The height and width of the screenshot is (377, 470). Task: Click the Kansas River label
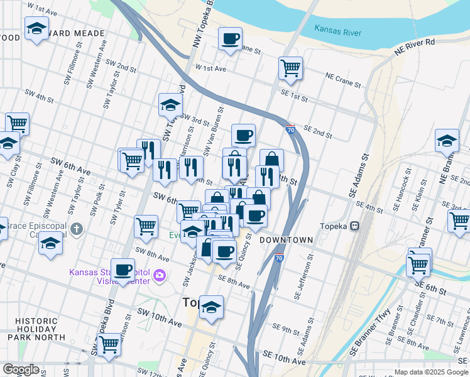340,29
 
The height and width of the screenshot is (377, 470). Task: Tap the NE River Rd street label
415,50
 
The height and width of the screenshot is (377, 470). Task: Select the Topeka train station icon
355,226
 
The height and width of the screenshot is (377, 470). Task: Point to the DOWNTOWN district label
286,241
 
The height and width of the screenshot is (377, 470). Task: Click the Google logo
20,369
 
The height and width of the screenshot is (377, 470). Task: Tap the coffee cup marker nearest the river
230,39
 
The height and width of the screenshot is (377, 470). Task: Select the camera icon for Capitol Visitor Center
160,275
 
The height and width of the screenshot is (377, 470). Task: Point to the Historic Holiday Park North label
37,329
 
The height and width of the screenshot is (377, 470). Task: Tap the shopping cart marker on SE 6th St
418,265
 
